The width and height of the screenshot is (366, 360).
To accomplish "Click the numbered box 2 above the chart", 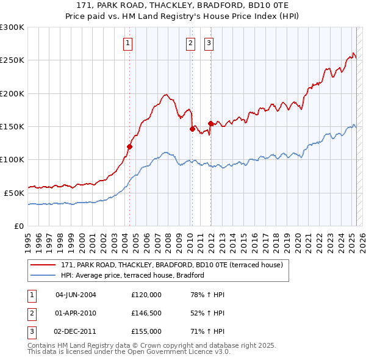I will tap(191, 43).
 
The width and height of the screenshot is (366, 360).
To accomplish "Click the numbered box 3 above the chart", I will tap(209, 43).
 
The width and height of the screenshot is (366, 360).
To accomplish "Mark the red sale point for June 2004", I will tap(129, 146).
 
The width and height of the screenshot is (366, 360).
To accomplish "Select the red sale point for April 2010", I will tap(192, 129).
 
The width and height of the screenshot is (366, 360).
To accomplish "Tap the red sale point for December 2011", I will tap(210, 123).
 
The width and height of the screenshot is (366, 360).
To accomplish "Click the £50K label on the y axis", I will tap(14, 193).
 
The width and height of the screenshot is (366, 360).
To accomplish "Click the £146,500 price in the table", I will tap(146, 313).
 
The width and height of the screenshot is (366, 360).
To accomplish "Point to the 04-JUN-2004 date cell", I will tap(76, 295).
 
